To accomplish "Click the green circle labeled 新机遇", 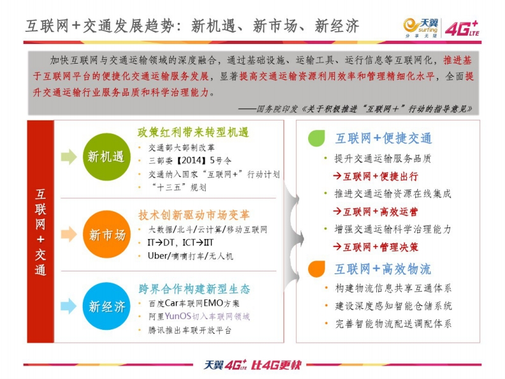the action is click(x=106, y=157).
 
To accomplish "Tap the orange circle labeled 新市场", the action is click(x=106, y=234).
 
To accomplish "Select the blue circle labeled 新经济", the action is click(x=106, y=306).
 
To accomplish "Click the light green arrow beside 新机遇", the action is click(x=69, y=157).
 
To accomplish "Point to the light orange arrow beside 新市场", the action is click(x=69, y=234).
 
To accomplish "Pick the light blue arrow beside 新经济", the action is click(x=69, y=306).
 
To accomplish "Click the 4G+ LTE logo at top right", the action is click(x=462, y=29).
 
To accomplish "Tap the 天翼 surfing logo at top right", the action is click(x=420, y=28).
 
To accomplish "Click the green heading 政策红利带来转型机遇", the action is click(x=193, y=132).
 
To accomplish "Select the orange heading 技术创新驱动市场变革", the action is click(x=194, y=215).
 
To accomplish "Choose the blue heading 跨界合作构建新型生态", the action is click(x=194, y=289).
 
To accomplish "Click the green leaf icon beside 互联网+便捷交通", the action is click(x=317, y=138).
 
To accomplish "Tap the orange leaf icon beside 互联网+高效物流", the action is click(x=317, y=269).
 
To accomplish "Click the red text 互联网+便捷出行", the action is click(x=376, y=176).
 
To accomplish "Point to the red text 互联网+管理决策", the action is click(x=376, y=247).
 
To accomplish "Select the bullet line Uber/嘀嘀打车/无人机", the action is click(x=190, y=256).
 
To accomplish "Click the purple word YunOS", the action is click(x=178, y=316).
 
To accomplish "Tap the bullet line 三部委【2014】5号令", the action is click(x=190, y=161).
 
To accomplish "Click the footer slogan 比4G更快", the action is click(x=276, y=365).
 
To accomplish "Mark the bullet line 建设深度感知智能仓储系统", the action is click(x=394, y=306).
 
